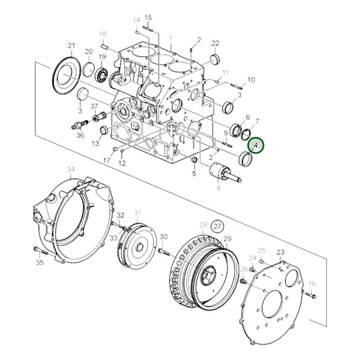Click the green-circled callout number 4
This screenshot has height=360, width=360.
[x=256, y=145]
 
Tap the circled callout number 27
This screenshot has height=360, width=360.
[x=217, y=226]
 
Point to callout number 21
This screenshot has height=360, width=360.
[x=71, y=45]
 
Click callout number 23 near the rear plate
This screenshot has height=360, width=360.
[x=281, y=251]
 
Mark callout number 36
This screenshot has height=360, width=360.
[x=80, y=135]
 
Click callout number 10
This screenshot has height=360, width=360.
[x=251, y=80]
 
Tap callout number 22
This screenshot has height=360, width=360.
[x=215, y=43]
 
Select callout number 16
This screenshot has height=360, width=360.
[x=312, y=284]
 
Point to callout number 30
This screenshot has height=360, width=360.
[x=163, y=236]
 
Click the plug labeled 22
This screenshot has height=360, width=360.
[x=217, y=61]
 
